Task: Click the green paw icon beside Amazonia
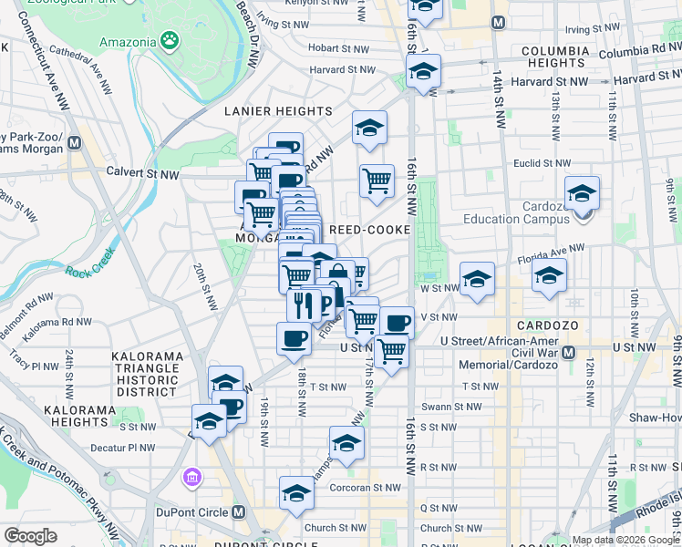point(169,39)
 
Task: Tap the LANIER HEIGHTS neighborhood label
point(268,111)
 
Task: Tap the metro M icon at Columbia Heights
point(498,22)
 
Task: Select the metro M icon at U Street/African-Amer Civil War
point(569,352)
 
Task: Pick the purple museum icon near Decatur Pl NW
point(192,478)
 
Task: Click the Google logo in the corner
point(31,536)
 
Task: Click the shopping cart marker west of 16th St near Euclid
point(376,181)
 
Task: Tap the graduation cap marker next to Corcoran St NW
point(296,494)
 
